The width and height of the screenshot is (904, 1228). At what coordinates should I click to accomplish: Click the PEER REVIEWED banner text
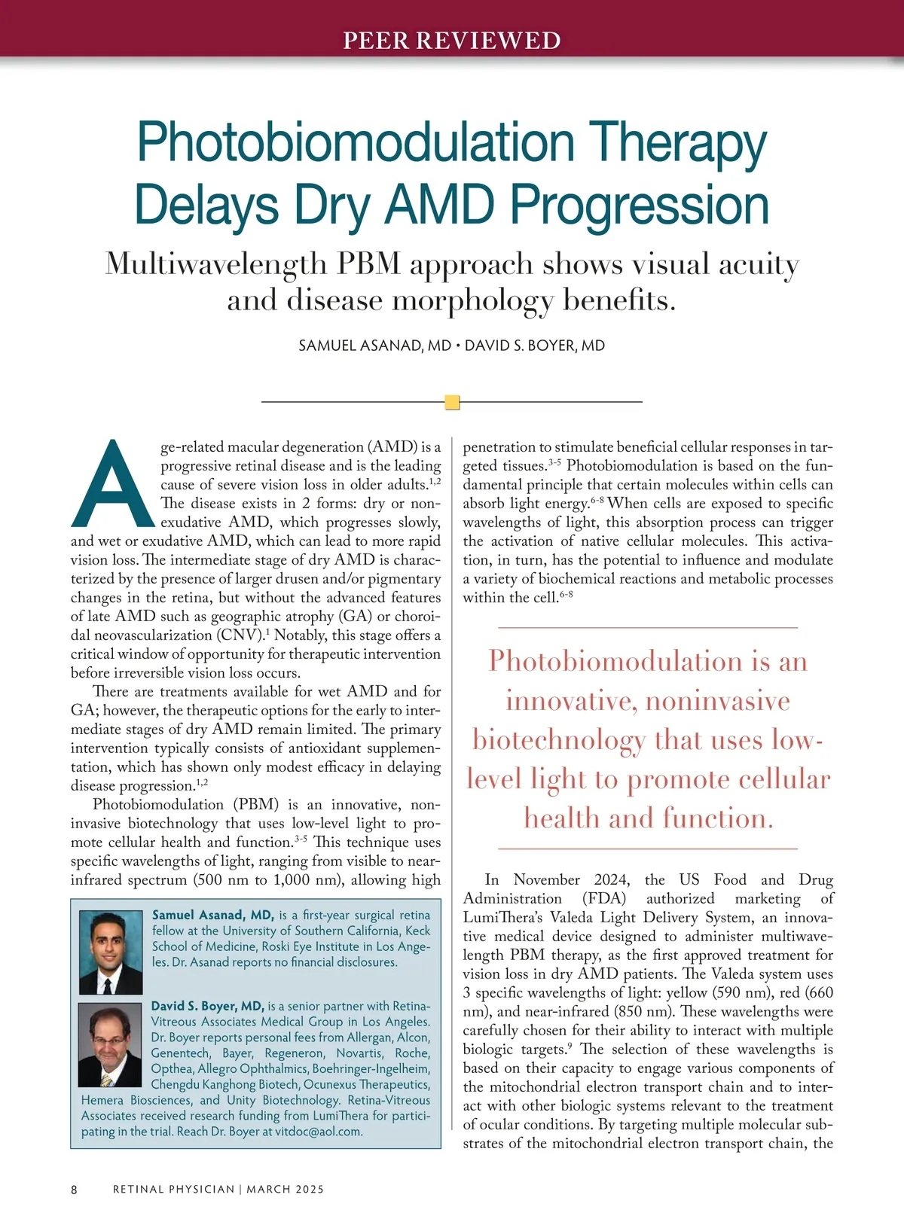452,40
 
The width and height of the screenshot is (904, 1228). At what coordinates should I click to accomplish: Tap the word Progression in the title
640,205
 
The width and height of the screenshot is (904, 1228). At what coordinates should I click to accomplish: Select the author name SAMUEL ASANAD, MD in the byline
374,346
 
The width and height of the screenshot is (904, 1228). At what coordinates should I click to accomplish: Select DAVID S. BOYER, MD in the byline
535,346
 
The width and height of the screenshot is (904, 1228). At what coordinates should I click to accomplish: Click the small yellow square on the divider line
452,402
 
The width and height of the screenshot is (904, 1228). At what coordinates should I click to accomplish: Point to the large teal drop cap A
112,486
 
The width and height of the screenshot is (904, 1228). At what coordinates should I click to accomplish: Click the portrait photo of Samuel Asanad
111,952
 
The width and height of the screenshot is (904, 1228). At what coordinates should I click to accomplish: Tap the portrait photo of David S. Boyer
110,1044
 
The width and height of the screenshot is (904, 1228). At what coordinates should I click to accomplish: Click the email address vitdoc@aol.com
319,1131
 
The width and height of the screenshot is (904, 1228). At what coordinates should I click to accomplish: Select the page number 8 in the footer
74,1190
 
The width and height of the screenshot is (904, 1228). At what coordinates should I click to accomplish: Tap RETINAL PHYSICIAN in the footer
173,1190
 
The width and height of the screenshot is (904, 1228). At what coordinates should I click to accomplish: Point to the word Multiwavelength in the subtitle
215,264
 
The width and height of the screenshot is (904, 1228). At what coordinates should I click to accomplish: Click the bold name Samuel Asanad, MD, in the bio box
213,915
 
